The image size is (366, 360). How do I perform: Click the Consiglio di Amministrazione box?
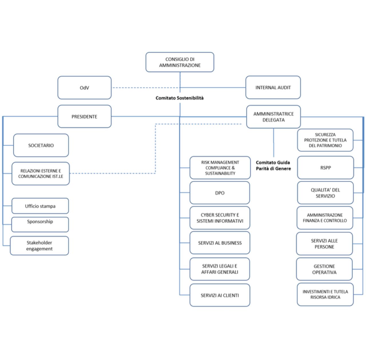click(180, 62)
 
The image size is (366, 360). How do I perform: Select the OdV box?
click(84, 88)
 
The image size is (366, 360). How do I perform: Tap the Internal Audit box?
click(273, 87)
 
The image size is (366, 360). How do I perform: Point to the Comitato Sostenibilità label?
click(179, 98)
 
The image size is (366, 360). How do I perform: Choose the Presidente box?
click(84, 116)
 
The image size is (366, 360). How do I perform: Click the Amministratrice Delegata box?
click(274, 117)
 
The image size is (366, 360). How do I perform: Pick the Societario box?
click(41, 145)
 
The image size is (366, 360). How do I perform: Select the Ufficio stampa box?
click(40, 206)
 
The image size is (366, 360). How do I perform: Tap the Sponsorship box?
click(40, 224)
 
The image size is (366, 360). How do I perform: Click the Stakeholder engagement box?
click(39, 246)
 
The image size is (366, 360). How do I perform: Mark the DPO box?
click(220, 193)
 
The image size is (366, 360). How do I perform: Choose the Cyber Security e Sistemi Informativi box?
click(220, 218)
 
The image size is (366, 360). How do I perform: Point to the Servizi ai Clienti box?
click(220, 295)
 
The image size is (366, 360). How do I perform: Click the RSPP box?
click(326, 168)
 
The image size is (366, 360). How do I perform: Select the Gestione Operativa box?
click(324, 269)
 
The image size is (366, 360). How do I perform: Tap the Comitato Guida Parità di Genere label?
click(273, 165)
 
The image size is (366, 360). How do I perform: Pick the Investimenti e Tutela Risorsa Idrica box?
click(325, 294)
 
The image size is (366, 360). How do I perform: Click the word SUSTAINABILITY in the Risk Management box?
click(220, 173)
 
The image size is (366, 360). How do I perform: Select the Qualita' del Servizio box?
click(325, 193)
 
